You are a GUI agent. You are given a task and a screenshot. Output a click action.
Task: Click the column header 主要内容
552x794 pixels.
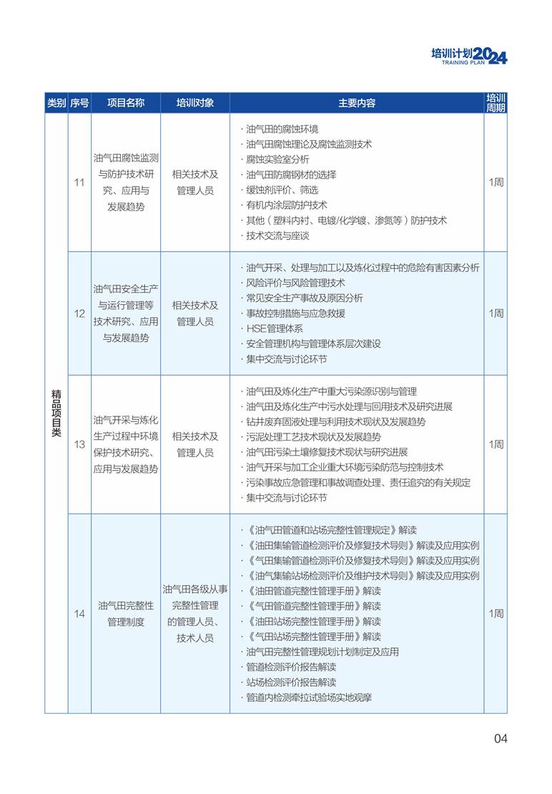356,103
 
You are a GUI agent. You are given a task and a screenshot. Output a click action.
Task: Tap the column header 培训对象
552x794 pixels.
194,103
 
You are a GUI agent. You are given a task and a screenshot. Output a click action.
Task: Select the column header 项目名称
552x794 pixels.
126,103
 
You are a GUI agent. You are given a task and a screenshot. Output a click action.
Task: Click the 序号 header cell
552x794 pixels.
79,103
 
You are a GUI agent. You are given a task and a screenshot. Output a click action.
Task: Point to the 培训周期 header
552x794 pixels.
496,103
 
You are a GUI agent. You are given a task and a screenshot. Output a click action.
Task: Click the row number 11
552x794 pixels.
79,182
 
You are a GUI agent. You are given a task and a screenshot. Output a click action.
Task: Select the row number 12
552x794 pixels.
79,313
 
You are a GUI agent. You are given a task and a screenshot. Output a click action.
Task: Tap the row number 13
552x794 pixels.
79,444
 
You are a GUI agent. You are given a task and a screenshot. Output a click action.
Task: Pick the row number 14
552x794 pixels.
79,614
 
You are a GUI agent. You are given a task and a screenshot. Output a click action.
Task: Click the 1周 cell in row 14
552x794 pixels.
496,614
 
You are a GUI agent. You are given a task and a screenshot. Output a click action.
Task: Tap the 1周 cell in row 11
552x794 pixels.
496,182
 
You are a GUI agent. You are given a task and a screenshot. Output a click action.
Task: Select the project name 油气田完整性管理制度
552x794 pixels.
126,614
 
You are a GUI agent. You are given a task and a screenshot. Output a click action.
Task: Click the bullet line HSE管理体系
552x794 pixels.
275,328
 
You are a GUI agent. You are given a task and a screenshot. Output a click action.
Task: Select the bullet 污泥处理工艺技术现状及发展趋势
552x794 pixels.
313,437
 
